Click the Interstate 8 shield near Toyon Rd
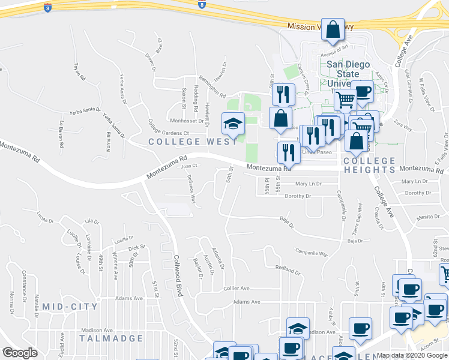[x=47, y=7]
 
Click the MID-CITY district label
[x=70, y=307]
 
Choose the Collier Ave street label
[x=236, y=288]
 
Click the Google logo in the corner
[x=20, y=353]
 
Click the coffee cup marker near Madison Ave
[x=361, y=329]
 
